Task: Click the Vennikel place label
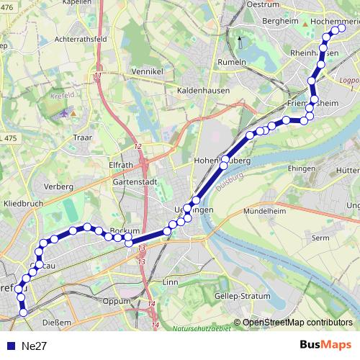[148, 71]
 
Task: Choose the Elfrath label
[120, 163]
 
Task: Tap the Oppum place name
[116, 301]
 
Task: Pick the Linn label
[171, 282]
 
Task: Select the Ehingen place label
[280, 167]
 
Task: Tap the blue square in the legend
[10, 346]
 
